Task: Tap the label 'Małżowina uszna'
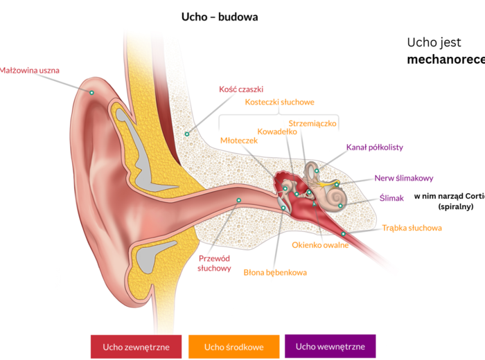tap(30, 70)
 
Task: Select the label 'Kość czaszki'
tap(241, 90)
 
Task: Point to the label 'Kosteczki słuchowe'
tap(279, 102)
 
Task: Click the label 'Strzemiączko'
tap(312, 123)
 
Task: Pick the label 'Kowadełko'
tap(277, 132)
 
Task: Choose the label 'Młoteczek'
tap(238, 141)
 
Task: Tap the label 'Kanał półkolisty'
tap(374, 147)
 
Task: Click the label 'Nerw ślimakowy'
tap(403, 178)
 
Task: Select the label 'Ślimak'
tap(391, 198)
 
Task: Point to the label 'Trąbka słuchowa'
tap(412, 228)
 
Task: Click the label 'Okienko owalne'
tap(320, 245)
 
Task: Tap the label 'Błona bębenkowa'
tap(275, 272)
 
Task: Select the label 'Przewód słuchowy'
tap(214, 263)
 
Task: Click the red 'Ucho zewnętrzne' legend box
tap(136, 346)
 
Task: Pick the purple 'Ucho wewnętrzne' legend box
tap(330, 345)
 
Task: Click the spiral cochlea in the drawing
tap(336, 198)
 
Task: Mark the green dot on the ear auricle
tap(91, 92)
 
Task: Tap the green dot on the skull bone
tap(186, 134)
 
